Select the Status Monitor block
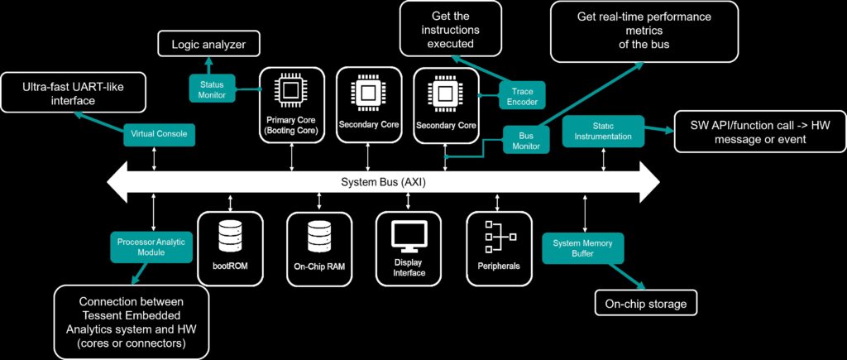[x=213, y=88]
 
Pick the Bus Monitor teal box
[x=527, y=139]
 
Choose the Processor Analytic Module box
[x=152, y=247]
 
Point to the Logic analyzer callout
[x=208, y=43]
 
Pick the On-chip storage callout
[x=645, y=304]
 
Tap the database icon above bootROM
[x=230, y=239]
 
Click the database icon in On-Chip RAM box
[x=319, y=239]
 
